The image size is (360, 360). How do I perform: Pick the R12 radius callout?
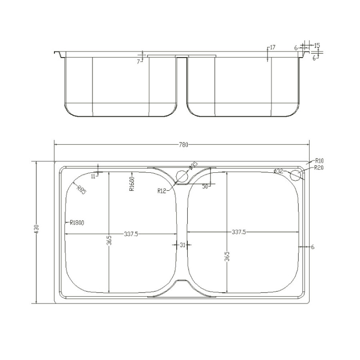[x=162, y=191]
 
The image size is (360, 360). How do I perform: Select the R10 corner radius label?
[x=319, y=160]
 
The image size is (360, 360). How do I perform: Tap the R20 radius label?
[x=319, y=168]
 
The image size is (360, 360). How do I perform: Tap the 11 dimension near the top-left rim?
[x=93, y=176]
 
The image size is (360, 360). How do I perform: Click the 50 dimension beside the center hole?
[x=205, y=186]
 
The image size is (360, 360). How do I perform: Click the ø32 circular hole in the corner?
[x=296, y=174]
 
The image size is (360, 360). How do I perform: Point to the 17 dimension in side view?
[x=272, y=48]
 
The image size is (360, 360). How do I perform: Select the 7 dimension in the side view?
[x=138, y=62]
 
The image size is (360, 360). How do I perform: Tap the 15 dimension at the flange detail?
[x=317, y=46]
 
